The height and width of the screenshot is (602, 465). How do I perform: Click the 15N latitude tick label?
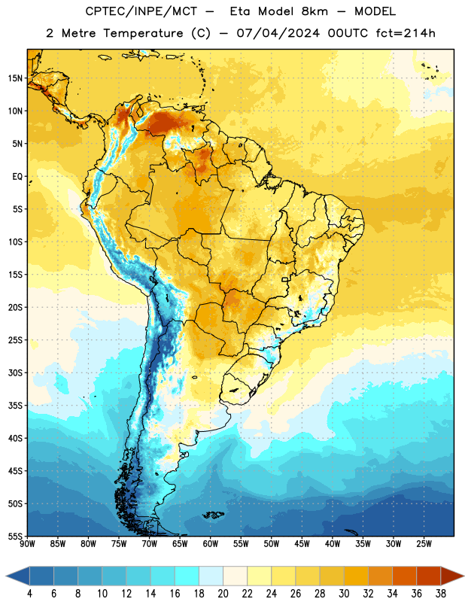[15, 78]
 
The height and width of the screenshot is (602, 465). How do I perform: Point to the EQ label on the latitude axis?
[17, 177]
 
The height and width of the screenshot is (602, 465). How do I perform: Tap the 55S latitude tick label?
[15, 536]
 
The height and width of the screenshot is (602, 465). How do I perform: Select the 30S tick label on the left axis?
[15, 372]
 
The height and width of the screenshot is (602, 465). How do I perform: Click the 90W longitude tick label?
[27, 544]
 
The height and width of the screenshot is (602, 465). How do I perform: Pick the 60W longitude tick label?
[211, 544]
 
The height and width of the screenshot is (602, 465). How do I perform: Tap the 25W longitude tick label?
[424, 544]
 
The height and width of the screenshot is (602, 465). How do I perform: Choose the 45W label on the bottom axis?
[302, 544]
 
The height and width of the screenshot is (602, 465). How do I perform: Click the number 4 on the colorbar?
[29, 594]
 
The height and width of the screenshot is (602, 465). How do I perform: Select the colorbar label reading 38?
[441, 594]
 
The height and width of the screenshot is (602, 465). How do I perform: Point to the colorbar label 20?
[223, 594]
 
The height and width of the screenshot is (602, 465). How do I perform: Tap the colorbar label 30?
[344, 594]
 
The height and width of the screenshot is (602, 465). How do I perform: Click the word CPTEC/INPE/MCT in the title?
[141, 11]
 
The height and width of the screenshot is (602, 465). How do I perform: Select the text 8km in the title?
[315, 11]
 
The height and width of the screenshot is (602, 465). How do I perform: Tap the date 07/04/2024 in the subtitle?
[278, 33]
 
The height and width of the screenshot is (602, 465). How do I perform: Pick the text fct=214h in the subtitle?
[406, 33]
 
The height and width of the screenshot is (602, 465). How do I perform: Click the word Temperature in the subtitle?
[143, 34]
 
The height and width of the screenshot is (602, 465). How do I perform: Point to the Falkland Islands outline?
[214, 515]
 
